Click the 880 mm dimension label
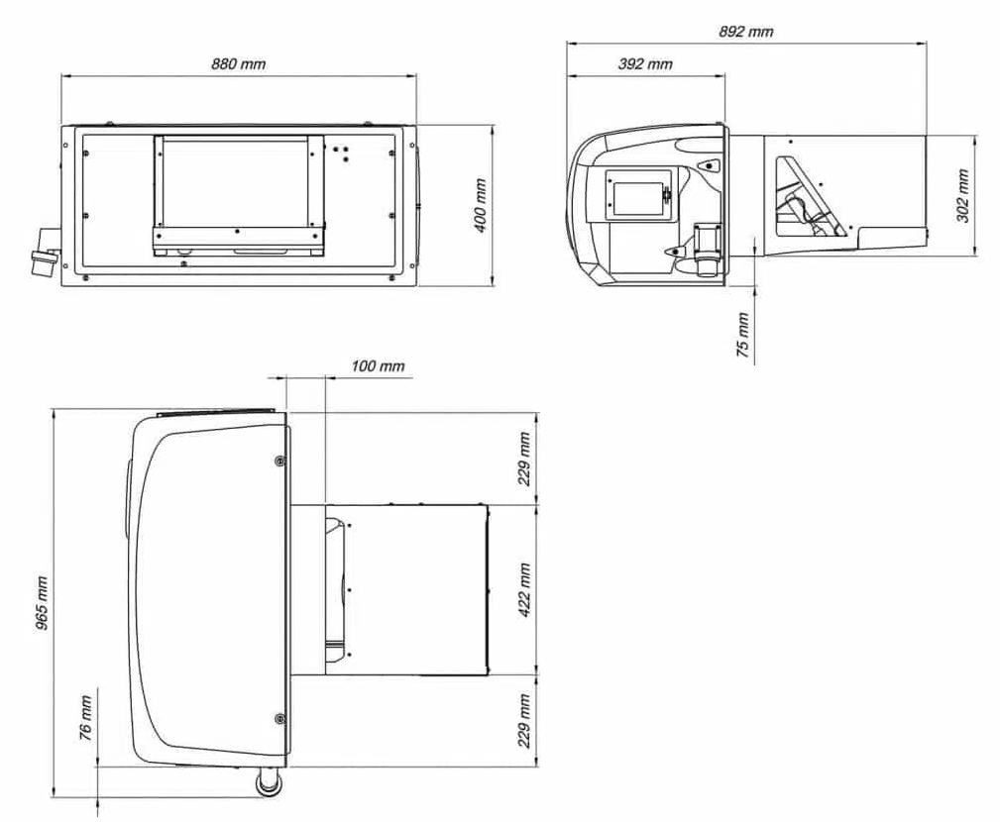tap(239, 63)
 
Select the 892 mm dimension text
tap(745, 32)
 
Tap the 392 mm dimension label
tap(645, 63)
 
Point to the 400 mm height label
tap(481, 206)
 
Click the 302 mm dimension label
tap(962, 196)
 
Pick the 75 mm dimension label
tap(743, 335)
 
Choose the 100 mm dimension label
tap(378, 365)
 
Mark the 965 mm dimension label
tap(42, 603)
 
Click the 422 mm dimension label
tap(524, 590)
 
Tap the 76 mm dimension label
tap(85, 718)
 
